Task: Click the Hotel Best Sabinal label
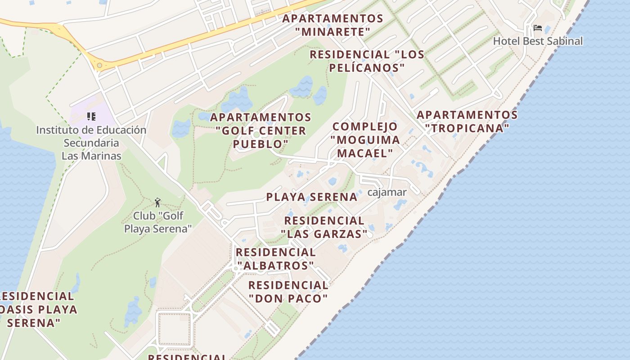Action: point(538,41)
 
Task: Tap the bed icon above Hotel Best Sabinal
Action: point(537,28)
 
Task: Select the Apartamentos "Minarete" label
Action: point(333,25)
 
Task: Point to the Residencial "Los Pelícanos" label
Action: point(367,61)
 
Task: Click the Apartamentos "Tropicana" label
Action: point(467,121)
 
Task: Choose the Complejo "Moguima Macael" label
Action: point(365,139)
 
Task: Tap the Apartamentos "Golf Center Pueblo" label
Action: point(261,130)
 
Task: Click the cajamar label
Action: point(387,193)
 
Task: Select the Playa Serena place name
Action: point(312,197)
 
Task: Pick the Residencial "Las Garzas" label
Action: point(324,227)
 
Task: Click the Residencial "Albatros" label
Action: point(275,259)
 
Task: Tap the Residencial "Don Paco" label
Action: point(288,292)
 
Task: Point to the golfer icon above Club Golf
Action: point(157,202)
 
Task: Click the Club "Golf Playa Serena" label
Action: point(157,222)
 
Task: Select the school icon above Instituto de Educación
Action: point(91,117)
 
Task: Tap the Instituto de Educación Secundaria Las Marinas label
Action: point(91,143)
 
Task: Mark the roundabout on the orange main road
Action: point(99,66)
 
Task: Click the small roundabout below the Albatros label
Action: point(236,269)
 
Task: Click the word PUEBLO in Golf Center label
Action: point(261,144)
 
